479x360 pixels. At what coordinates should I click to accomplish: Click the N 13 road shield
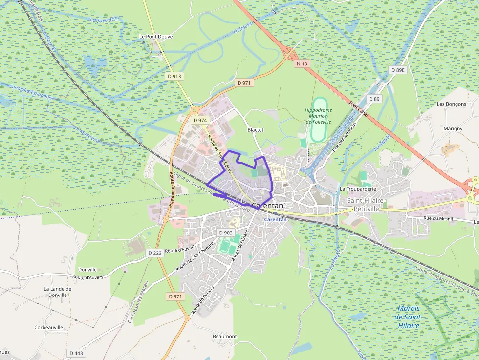302,64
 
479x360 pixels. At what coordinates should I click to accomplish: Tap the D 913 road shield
174,76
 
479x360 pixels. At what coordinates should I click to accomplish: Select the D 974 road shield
200,120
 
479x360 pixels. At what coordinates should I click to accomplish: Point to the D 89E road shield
398,70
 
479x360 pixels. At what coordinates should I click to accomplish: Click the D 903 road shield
226,233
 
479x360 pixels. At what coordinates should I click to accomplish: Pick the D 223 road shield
154,253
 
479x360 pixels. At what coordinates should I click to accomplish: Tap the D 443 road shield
76,353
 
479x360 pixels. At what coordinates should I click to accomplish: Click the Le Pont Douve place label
156,37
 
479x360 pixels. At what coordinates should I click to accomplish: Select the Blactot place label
256,130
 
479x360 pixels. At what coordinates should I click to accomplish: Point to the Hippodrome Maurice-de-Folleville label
318,116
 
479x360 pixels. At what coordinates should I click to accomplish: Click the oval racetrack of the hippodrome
319,127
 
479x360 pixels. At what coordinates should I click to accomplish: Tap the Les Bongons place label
452,104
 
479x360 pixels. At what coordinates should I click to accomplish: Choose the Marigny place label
453,129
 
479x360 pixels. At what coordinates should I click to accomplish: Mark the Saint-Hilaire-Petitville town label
367,204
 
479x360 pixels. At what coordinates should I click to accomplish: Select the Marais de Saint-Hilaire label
409,317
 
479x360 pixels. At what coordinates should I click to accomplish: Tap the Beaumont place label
224,337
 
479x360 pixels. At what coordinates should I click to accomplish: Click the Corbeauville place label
48,328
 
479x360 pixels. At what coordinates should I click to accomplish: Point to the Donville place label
87,269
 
